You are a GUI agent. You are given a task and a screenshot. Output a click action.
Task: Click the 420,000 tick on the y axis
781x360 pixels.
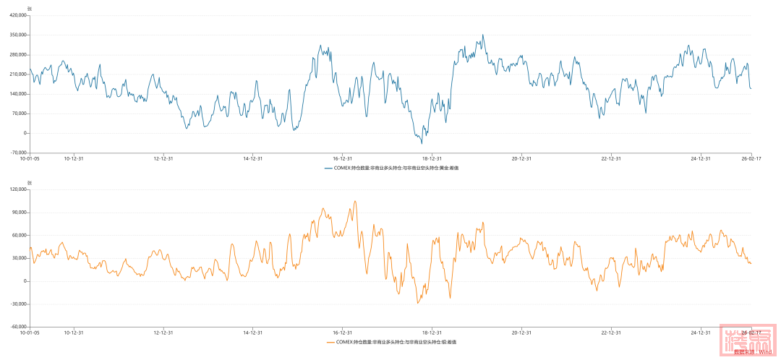coord(18,15)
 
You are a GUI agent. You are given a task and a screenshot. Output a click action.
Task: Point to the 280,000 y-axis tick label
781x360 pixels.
coord(18,54)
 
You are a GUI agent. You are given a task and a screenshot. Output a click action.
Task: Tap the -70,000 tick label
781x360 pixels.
coord(18,153)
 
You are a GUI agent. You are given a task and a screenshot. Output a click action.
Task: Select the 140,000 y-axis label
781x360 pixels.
coord(18,94)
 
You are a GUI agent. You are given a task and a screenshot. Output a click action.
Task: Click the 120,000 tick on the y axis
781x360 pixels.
coord(18,189)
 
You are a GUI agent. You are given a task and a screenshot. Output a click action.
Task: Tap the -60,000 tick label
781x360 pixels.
coord(18,327)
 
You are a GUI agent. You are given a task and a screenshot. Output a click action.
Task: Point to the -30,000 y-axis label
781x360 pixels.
coord(18,304)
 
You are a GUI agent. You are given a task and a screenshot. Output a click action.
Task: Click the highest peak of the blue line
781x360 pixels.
coord(483,35)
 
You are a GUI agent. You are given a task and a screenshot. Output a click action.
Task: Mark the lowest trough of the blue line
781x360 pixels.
coord(422,143)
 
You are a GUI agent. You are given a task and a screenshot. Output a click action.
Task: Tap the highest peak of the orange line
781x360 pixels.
coord(355,201)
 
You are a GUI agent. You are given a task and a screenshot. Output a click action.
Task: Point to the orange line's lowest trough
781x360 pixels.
coord(417,303)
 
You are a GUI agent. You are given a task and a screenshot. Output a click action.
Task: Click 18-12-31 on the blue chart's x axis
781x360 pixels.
coord(432,158)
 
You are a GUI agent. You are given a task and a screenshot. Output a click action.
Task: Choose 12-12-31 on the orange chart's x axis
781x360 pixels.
coord(163,333)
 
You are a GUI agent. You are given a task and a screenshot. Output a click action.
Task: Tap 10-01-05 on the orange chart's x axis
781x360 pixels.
coord(30,333)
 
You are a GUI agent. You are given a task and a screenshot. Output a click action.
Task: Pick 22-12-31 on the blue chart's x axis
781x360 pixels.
coord(611,158)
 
